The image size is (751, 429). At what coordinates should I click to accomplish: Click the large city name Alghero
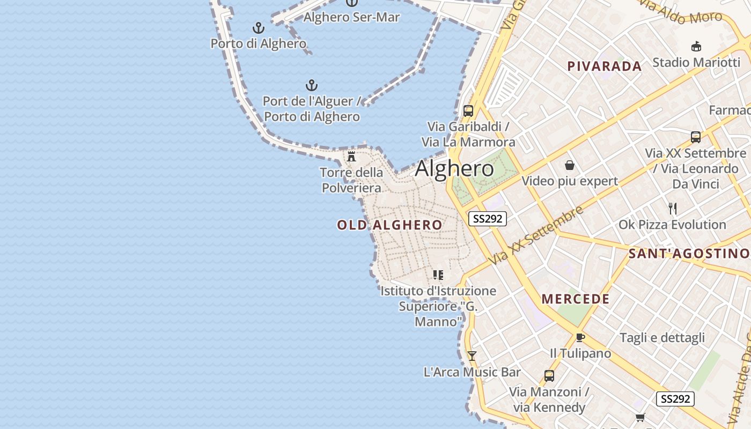[x=454, y=168]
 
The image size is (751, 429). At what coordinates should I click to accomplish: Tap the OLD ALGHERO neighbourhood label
[x=389, y=225]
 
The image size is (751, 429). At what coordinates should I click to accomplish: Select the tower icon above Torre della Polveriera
[x=351, y=157]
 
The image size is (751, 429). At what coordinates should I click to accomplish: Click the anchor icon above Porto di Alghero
[x=259, y=28]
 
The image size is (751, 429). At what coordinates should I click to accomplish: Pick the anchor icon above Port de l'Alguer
[x=312, y=85]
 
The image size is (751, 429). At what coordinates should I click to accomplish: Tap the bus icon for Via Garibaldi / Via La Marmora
[x=468, y=111]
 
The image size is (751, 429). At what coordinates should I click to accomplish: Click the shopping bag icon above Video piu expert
[x=570, y=165]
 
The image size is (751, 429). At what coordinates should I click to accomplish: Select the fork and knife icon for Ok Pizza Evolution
[x=673, y=208]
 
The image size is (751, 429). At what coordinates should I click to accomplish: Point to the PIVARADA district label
[x=605, y=66]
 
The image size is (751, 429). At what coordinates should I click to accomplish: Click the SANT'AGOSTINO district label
[x=689, y=253]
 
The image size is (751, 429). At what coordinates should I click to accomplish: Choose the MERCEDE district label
[x=576, y=299]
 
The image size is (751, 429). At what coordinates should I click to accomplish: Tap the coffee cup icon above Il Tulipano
[x=580, y=337]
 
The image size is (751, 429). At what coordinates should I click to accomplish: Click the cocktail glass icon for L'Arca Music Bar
[x=472, y=356]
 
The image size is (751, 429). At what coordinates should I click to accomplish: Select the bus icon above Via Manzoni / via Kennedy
[x=549, y=375]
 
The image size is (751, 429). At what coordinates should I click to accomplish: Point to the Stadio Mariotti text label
[x=696, y=62]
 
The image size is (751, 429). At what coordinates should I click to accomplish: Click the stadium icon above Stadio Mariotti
[x=696, y=46]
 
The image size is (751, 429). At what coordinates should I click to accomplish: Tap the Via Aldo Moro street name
[x=681, y=14]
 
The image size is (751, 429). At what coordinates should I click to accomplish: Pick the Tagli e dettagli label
[x=662, y=338]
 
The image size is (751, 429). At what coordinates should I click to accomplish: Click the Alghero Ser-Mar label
[x=351, y=17]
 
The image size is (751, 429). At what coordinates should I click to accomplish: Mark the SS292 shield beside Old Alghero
[x=487, y=219]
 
